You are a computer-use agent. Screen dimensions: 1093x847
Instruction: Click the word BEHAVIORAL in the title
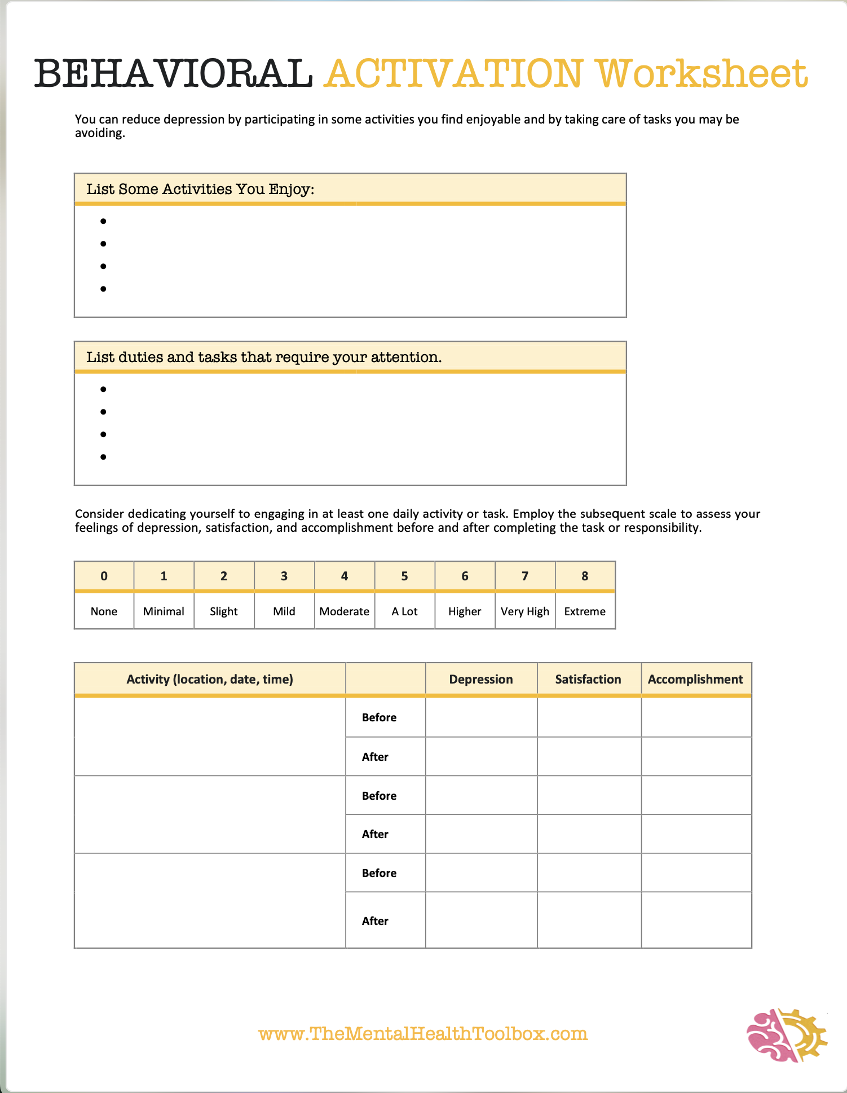tap(174, 74)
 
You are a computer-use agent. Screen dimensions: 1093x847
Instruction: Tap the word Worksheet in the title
tap(702, 74)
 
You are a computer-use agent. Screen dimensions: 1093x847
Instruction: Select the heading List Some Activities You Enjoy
tap(200, 189)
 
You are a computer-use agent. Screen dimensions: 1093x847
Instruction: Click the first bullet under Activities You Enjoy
tap(103, 221)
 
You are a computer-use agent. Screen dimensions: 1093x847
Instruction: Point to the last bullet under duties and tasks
tap(103, 457)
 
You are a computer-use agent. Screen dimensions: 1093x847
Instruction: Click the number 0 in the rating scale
tap(104, 576)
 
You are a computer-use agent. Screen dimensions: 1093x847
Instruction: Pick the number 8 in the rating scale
tap(585, 576)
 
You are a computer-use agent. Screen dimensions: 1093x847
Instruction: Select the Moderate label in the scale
tap(344, 611)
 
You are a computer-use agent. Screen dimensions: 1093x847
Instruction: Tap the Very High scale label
tap(524, 611)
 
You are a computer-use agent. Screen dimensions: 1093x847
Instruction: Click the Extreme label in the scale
tap(585, 611)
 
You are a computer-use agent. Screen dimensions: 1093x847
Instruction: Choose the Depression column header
tap(481, 679)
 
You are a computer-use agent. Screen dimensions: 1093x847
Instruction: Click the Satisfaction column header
tap(588, 679)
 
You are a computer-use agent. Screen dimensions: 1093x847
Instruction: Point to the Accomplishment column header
tap(695, 679)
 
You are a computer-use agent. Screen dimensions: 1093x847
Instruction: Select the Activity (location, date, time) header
tap(210, 679)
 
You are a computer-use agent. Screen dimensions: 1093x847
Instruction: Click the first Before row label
tap(379, 717)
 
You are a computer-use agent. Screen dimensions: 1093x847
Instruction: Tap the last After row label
tap(375, 921)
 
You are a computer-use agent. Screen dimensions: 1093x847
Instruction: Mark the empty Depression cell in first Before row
tap(481, 717)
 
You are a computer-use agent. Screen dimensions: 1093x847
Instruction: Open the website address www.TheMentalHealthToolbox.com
tap(423, 1034)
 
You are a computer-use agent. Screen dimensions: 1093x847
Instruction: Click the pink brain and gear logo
tap(786, 1035)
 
